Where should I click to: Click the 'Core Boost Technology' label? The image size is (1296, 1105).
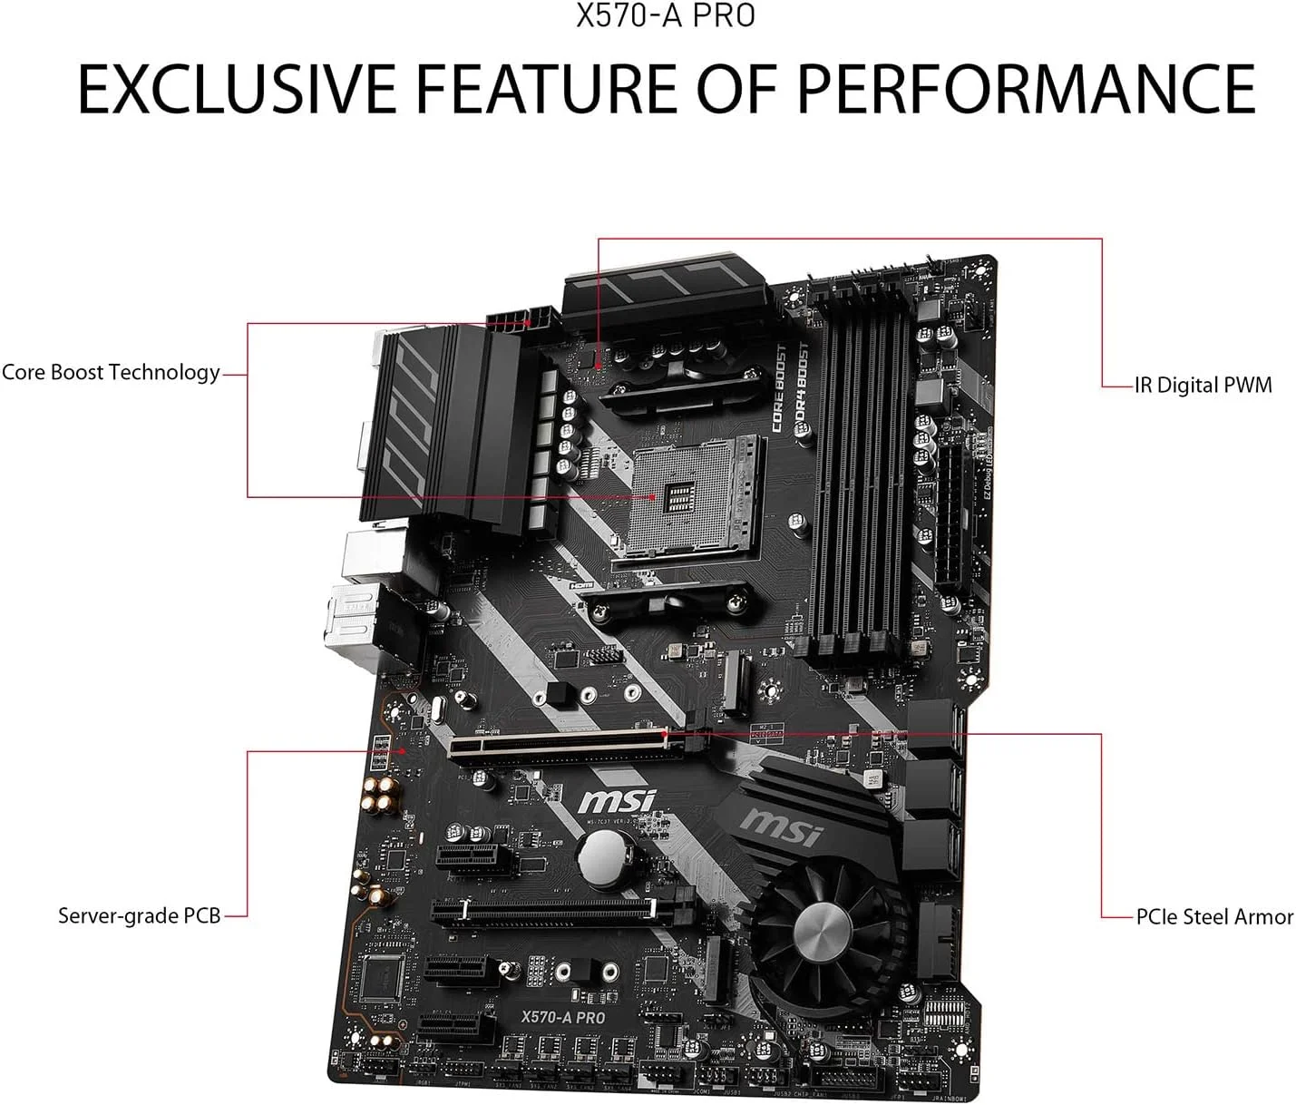click(x=111, y=372)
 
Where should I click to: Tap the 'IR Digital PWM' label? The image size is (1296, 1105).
click(x=1203, y=386)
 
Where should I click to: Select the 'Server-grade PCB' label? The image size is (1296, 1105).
click(x=139, y=915)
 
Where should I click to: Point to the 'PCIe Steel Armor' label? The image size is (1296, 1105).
click(x=1214, y=916)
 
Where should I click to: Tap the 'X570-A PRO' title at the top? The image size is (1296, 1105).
click(x=666, y=16)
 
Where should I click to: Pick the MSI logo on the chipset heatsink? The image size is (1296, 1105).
click(x=782, y=825)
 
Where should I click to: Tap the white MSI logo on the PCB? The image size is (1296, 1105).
click(x=617, y=801)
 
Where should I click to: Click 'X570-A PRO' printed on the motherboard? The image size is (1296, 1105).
click(x=562, y=1017)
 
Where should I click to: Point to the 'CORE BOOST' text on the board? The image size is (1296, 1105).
click(x=778, y=387)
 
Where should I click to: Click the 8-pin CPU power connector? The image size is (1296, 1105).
click(x=520, y=320)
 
